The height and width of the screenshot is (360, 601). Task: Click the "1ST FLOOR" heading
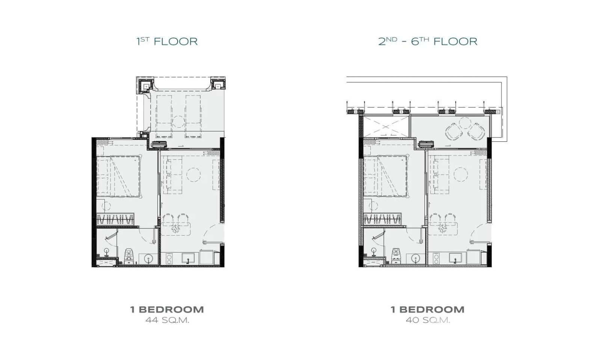click(x=167, y=41)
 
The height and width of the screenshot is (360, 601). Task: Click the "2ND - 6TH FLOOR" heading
click(x=428, y=41)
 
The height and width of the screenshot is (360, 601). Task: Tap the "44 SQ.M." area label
click(x=168, y=320)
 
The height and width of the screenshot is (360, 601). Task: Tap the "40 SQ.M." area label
click(x=428, y=320)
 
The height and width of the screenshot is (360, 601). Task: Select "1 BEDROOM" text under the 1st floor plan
click(x=167, y=310)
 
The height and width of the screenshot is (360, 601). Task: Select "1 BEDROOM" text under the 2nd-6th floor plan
click(x=427, y=310)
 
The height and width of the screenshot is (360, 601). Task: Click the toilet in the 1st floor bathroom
click(x=129, y=256)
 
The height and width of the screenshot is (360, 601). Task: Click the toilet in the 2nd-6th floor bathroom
click(x=396, y=256)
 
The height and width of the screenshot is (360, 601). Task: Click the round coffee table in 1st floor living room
click(x=193, y=175)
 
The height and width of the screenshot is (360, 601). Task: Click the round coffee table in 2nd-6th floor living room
click(x=461, y=174)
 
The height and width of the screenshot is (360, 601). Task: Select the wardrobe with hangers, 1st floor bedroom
click(x=115, y=219)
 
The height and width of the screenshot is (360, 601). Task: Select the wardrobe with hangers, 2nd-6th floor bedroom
click(x=382, y=219)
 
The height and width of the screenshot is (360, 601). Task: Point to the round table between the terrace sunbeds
click(x=178, y=122)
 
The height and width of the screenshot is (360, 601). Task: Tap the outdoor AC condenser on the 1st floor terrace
click(x=159, y=144)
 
